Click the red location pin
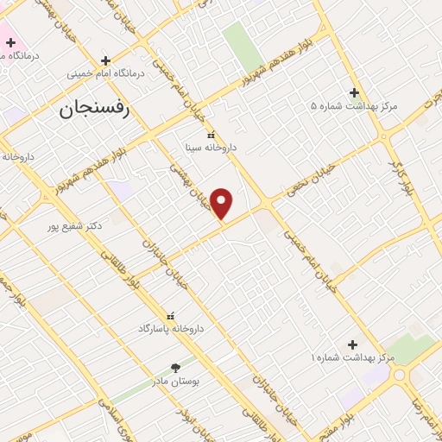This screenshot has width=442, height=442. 222,203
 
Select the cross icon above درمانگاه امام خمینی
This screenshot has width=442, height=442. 105,60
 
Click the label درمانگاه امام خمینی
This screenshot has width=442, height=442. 104,74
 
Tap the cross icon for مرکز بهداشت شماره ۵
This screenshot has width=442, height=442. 354,92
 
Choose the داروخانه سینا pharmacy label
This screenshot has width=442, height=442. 211,148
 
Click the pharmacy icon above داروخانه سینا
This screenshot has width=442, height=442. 211,134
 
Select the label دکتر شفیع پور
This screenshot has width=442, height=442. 75,225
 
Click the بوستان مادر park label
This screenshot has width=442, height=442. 176,381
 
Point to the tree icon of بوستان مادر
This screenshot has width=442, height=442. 176,368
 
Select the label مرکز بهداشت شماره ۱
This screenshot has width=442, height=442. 353,357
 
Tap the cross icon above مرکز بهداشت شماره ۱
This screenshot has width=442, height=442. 352,344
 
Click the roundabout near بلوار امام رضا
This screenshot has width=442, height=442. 401,376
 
